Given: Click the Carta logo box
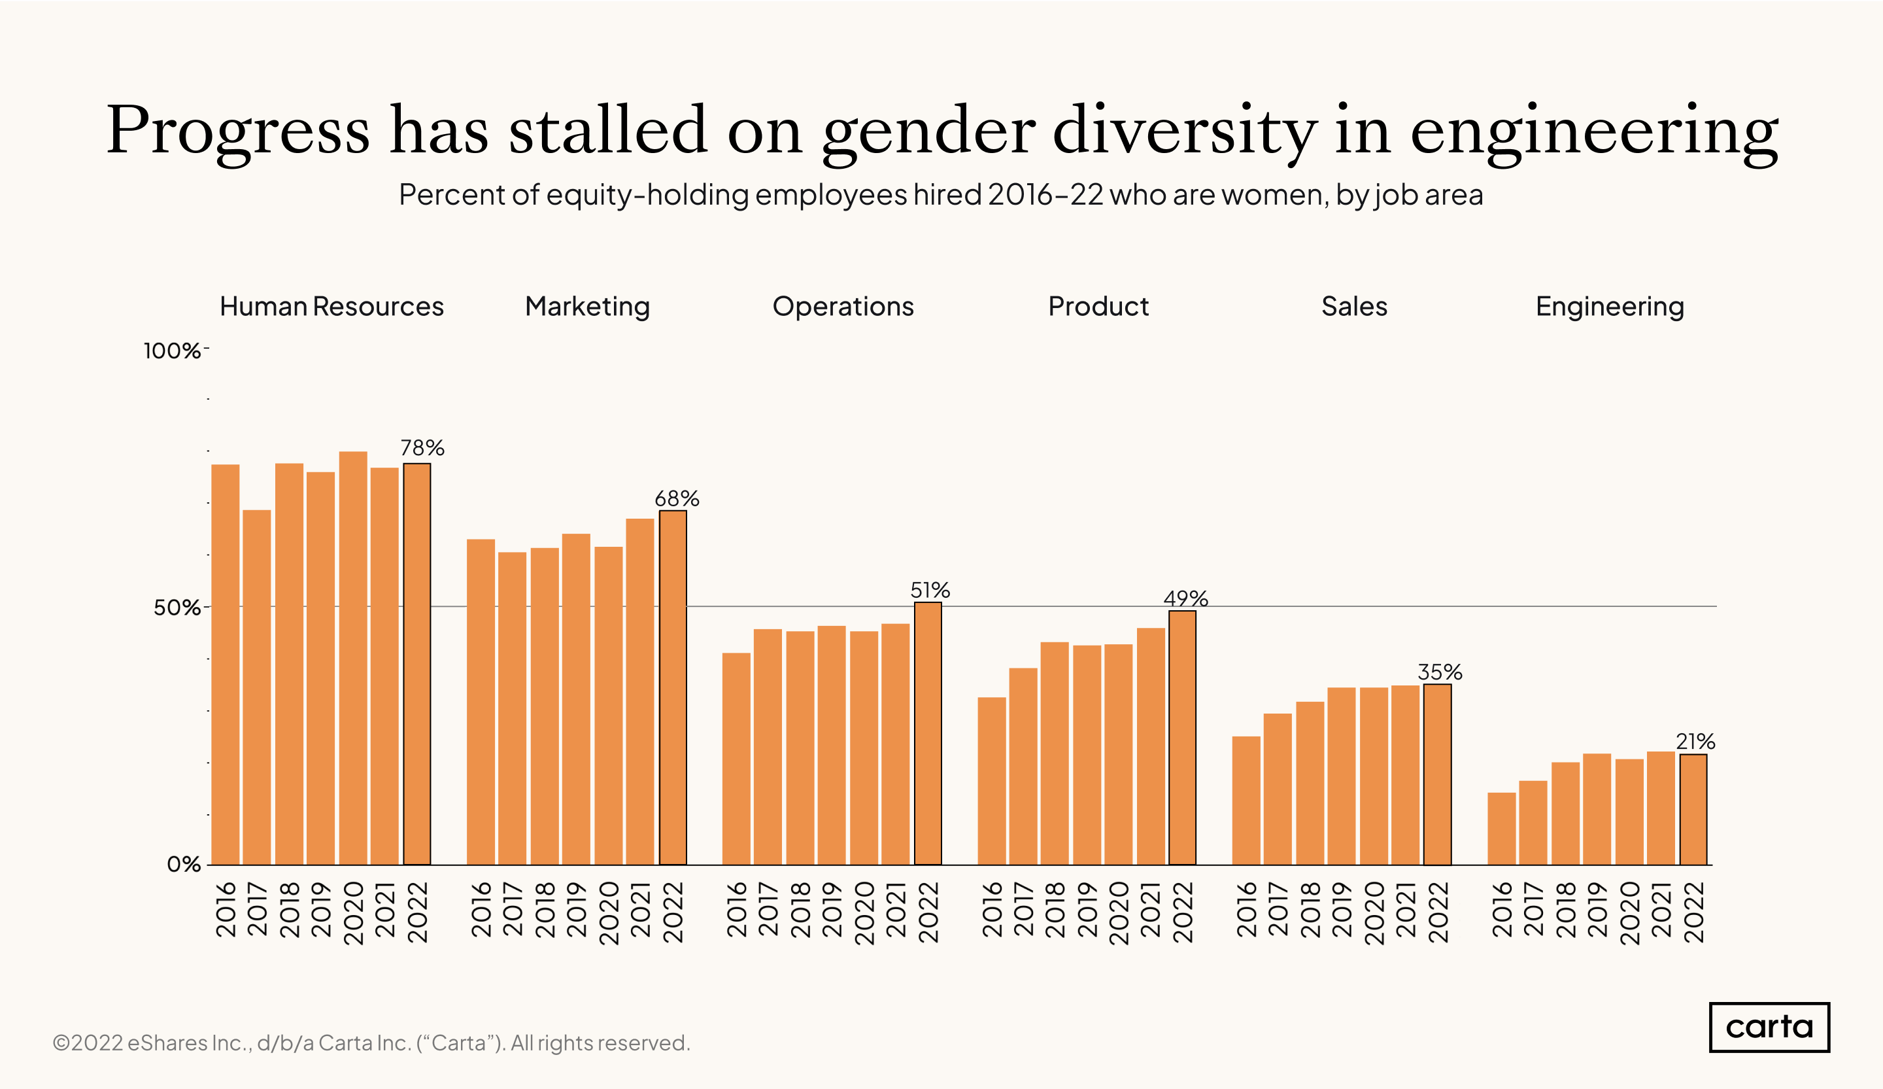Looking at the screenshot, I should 1768,1027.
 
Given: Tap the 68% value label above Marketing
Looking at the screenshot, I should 676,498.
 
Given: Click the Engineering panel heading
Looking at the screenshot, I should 1610,307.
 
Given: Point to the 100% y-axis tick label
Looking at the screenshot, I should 172,351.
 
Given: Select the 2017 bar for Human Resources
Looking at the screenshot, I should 256,687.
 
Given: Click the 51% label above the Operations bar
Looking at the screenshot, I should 930,591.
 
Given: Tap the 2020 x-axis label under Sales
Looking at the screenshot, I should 1374,912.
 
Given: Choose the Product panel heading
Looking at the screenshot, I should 1098,307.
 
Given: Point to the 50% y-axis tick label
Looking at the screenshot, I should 177,608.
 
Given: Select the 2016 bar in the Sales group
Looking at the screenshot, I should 1246,801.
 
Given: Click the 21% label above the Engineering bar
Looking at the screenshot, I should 1695,742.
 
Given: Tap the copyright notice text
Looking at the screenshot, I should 371,1043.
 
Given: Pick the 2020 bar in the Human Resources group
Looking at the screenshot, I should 352,658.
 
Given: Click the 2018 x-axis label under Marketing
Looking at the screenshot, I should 545,910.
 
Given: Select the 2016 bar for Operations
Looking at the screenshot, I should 736,759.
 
